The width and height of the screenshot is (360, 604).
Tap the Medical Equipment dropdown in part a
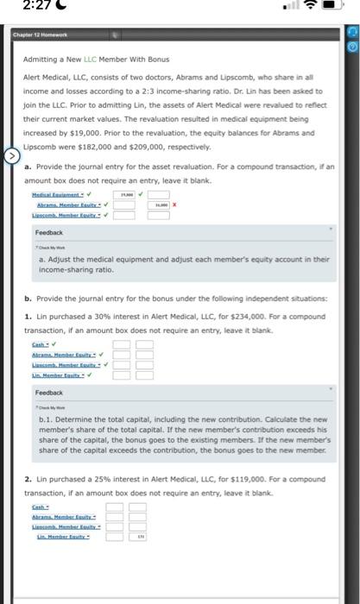click(x=66, y=196)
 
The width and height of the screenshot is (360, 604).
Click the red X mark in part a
click(x=176, y=206)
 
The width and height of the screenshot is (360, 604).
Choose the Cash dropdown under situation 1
click(x=39, y=344)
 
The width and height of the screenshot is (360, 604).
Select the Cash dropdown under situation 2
click(x=39, y=506)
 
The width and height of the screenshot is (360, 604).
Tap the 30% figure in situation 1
click(x=101, y=318)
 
